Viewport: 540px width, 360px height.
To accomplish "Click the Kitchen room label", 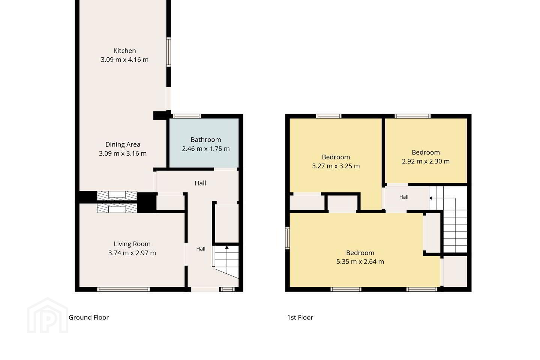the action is click(x=124, y=51).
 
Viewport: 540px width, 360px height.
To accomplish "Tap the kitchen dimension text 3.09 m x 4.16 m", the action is click(x=124, y=60).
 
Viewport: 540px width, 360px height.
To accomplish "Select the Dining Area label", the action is click(x=123, y=144).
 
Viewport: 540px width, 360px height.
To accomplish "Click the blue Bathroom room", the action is click(x=204, y=143).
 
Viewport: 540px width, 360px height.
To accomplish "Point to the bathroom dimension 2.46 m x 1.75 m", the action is click(x=205, y=149).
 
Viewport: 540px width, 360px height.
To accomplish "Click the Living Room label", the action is click(x=132, y=244).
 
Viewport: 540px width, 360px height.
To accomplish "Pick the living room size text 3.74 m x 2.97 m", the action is click(x=132, y=253).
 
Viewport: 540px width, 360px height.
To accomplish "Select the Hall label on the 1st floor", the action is click(x=404, y=197).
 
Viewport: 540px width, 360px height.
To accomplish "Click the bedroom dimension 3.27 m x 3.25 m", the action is click(x=336, y=166).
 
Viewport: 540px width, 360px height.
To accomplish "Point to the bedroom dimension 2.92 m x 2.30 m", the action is click(x=426, y=161).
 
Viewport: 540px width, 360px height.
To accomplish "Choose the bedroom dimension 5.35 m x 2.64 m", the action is click(x=360, y=262).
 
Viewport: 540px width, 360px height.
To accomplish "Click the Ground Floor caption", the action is click(x=89, y=317).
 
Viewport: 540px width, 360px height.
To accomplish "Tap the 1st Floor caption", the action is click(x=300, y=317).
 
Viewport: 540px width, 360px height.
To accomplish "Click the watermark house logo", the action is click(x=48, y=316).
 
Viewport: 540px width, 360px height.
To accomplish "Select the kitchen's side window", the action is click(x=168, y=52).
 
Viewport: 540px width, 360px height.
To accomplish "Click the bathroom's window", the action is click(x=187, y=116).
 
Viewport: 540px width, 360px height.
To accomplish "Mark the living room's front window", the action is click(x=123, y=289).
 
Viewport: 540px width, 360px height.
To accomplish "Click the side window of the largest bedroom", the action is click(x=287, y=238).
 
